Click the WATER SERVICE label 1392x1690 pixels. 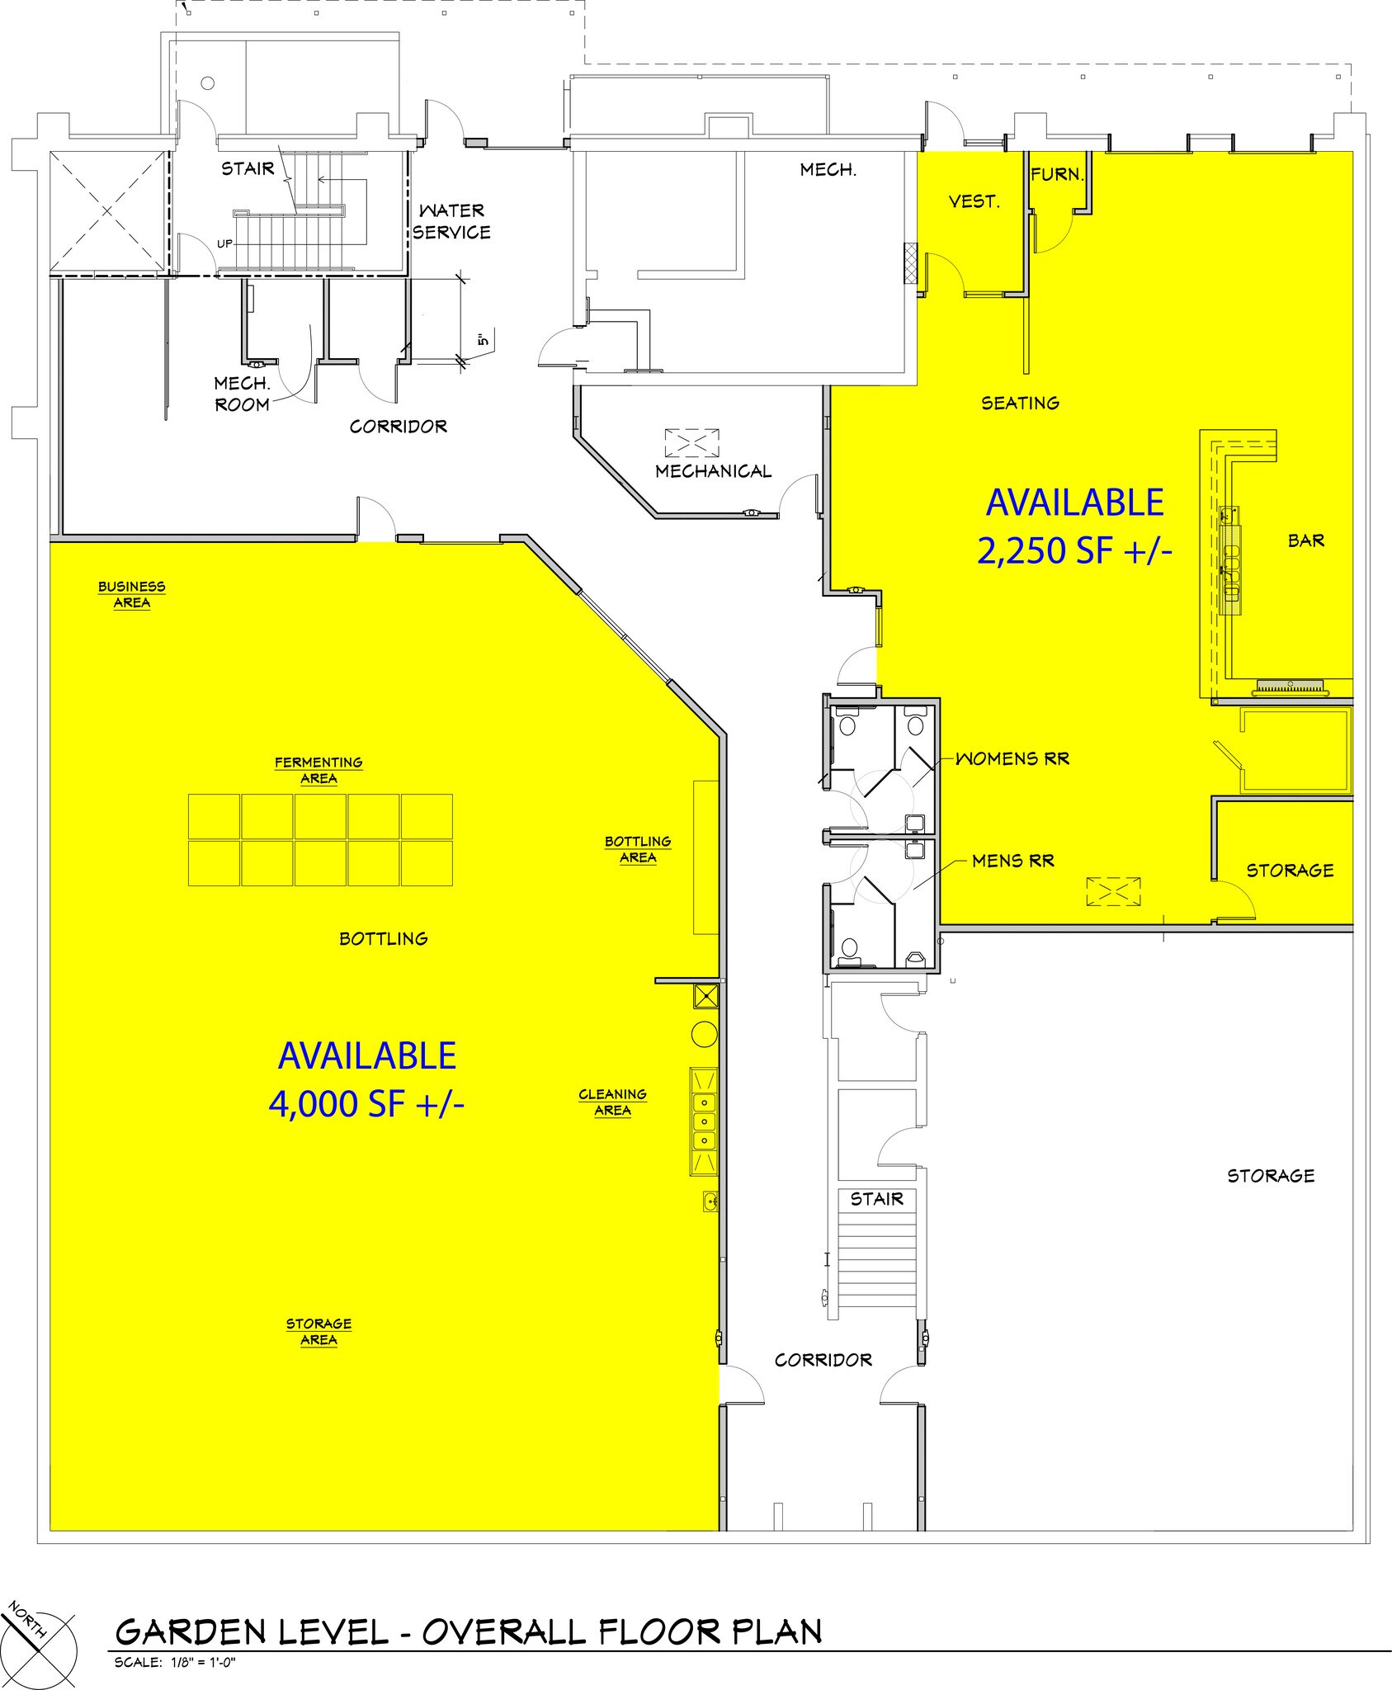pos(451,222)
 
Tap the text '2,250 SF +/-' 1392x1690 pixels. pos(1074,551)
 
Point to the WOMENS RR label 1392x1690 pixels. pos(1012,758)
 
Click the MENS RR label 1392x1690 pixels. pos(1013,861)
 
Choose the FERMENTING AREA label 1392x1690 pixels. pos(319,771)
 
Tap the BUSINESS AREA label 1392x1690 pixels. pos(132,595)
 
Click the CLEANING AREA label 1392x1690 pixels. pos(612,1102)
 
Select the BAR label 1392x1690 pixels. pos(1306,541)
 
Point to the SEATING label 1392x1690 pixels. pos(1020,403)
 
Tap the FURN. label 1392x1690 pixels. pos(1056,174)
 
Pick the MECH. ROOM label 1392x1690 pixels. pos(242,394)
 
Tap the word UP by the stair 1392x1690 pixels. pos(224,243)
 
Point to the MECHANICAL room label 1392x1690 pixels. pos(714,471)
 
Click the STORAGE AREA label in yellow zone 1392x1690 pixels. pos(319,1332)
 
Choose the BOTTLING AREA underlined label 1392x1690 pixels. pos(638,849)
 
